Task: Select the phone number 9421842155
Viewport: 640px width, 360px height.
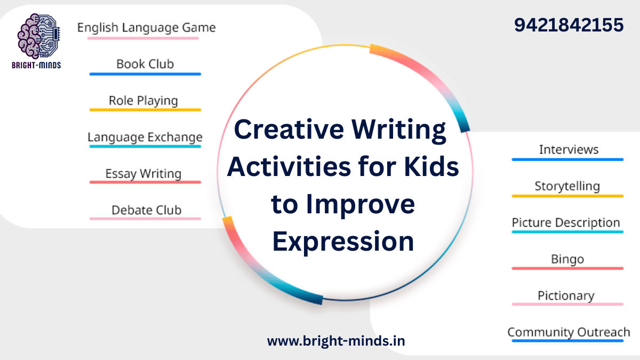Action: pyautogui.click(x=569, y=25)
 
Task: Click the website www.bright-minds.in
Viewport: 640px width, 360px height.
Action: pyautogui.click(x=336, y=340)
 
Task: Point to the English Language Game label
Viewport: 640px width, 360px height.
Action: pyautogui.click(x=146, y=28)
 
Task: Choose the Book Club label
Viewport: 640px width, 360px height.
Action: pyautogui.click(x=145, y=64)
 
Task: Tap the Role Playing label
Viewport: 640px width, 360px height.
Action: pyautogui.click(x=143, y=100)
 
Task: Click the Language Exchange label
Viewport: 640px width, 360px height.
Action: pyautogui.click(x=145, y=137)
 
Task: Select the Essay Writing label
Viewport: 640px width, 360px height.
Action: pyautogui.click(x=143, y=173)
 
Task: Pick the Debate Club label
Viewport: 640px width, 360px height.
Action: pyautogui.click(x=146, y=210)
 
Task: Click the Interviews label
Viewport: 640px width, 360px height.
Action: pyautogui.click(x=569, y=149)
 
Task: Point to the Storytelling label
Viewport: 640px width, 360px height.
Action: pyautogui.click(x=567, y=186)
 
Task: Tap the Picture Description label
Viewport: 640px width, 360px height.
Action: pyautogui.click(x=566, y=222)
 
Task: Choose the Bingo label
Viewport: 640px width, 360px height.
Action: pyautogui.click(x=567, y=259)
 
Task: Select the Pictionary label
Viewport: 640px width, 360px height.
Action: pyautogui.click(x=566, y=295)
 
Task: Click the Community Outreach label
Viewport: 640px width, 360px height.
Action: pyautogui.click(x=569, y=332)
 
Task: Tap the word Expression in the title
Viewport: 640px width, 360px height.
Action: pyautogui.click(x=343, y=241)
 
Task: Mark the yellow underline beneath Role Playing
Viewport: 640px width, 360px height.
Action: pyautogui.click(x=145, y=110)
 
